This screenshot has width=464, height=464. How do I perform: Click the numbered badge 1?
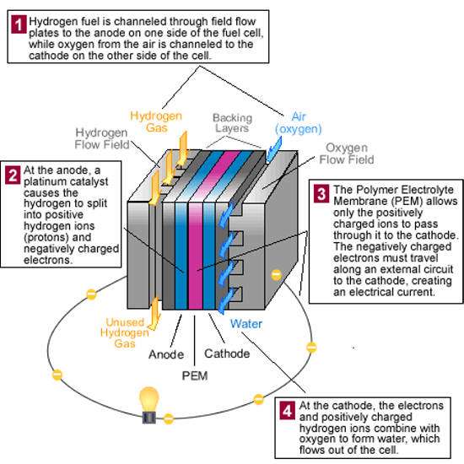(x=19, y=24)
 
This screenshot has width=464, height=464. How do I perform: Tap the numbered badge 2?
(x=13, y=175)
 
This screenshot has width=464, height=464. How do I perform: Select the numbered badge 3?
(x=321, y=194)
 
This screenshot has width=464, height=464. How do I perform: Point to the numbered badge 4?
(x=287, y=411)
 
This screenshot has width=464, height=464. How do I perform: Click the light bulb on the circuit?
(x=149, y=405)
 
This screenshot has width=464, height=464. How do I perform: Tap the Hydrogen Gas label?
(x=156, y=121)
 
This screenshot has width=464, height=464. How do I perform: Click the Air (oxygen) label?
(x=299, y=123)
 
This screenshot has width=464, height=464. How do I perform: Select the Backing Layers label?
(x=232, y=123)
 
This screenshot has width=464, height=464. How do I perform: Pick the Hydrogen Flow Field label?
(x=102, y=138)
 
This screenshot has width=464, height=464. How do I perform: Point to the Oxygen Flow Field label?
(x=347, y=154)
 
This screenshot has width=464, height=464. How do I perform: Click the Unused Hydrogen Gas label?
(x=125, y=332)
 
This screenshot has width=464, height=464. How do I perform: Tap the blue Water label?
(x=246, y=324)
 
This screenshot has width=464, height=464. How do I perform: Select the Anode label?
(x=166, y=354)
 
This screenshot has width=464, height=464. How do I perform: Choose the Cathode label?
(x=227, y=353)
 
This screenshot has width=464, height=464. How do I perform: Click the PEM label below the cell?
(x=195, y=375)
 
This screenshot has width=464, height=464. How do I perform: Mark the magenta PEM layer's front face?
(x=196, y=256)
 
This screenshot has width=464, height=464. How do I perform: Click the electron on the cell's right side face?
(x=277, y=275)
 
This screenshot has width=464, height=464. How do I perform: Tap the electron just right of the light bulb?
(x=169, y=418)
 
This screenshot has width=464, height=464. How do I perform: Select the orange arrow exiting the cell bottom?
(x=154, y=314)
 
